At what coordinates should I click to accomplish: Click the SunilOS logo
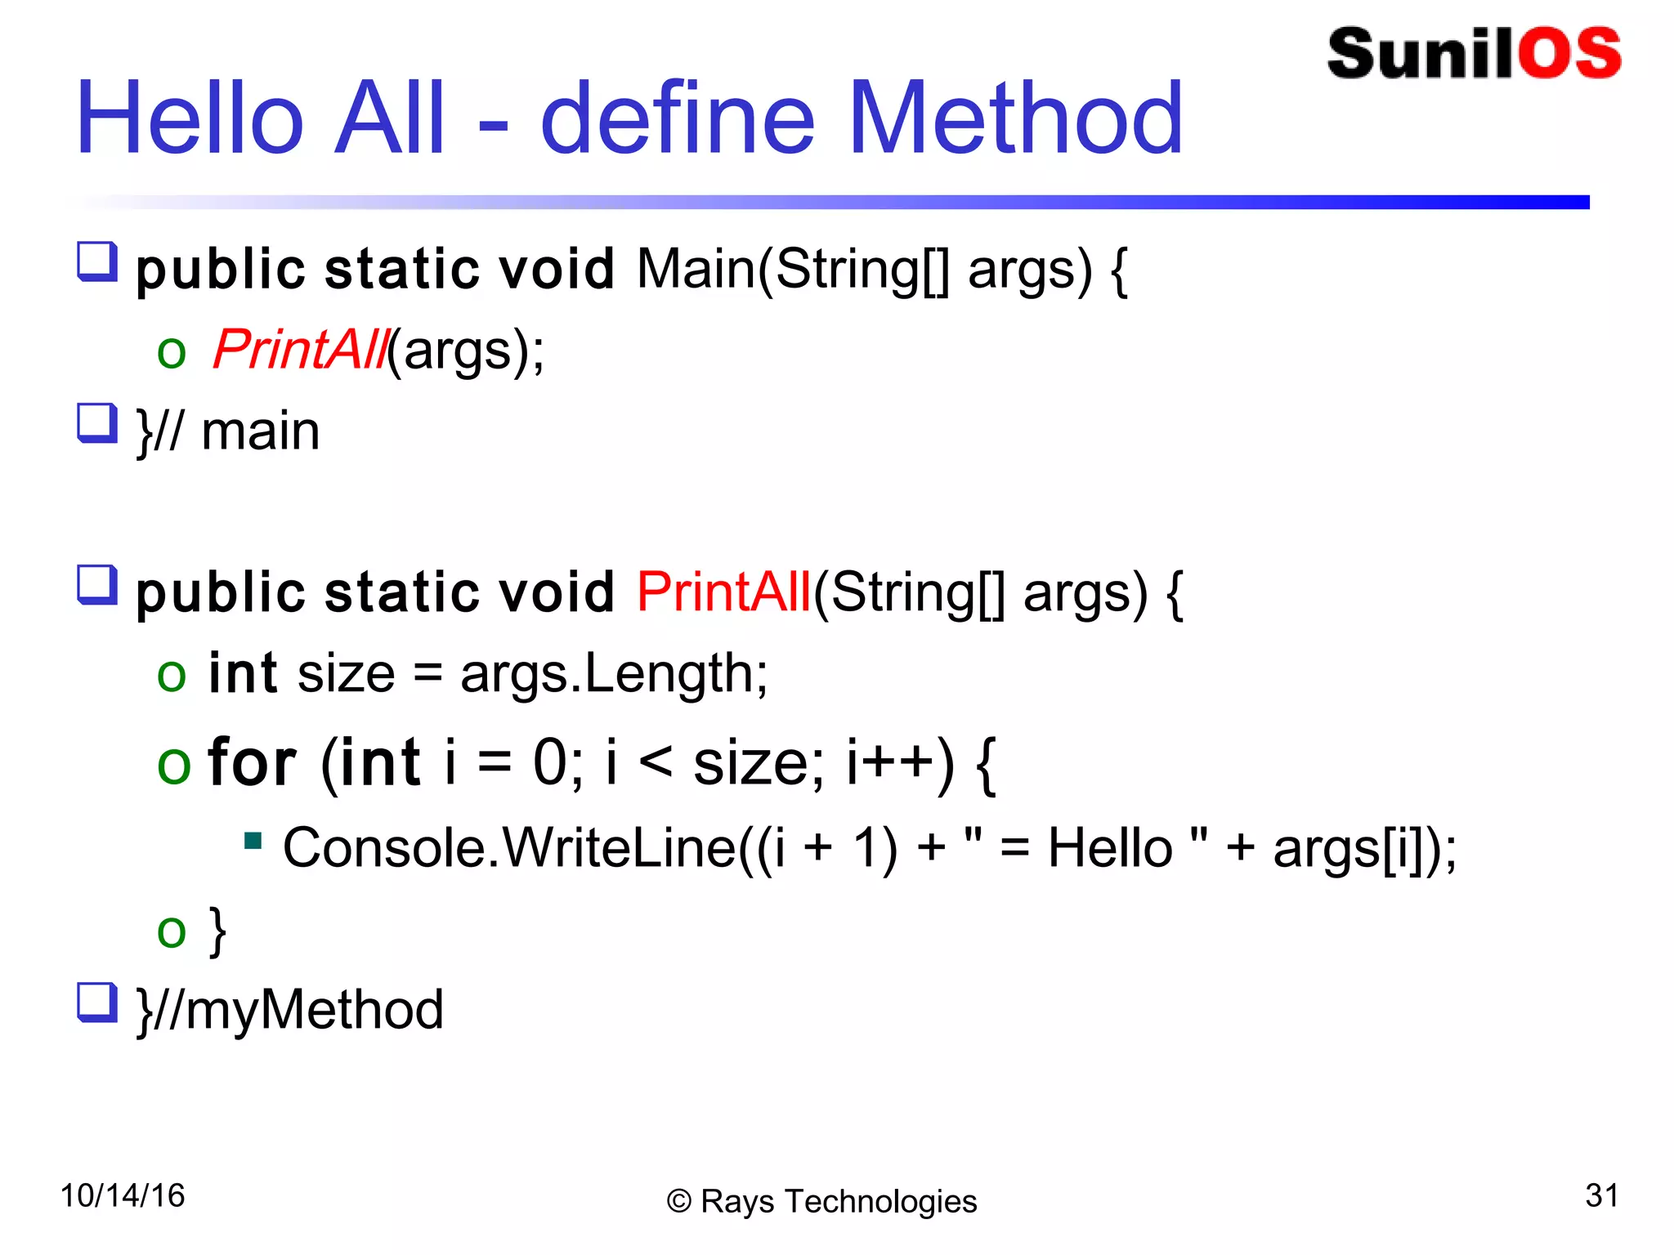coord(1473,54)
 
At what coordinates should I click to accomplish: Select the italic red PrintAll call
coord(299,350)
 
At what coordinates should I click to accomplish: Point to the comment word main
coord(260,431)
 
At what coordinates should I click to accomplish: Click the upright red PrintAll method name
coord(723,592)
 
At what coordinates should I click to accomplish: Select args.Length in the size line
coord(613,674)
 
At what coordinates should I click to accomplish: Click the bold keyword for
coord(252,762)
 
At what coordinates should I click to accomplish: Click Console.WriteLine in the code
coord(508,847)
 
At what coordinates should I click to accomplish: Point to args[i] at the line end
coord(1357,847)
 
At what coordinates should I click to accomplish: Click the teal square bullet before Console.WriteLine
coord(253,840)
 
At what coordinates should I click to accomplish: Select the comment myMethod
coord(315,1010)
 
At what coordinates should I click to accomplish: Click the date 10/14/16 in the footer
coord(123,1195)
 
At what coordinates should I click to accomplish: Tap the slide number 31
coord(1600,1195)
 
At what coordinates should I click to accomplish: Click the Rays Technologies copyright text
coord(821,1201)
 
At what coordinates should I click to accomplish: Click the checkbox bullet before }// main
coord(97,423)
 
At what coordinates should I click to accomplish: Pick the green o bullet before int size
coord(172,676)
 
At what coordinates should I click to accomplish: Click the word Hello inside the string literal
coord(1110,847)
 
